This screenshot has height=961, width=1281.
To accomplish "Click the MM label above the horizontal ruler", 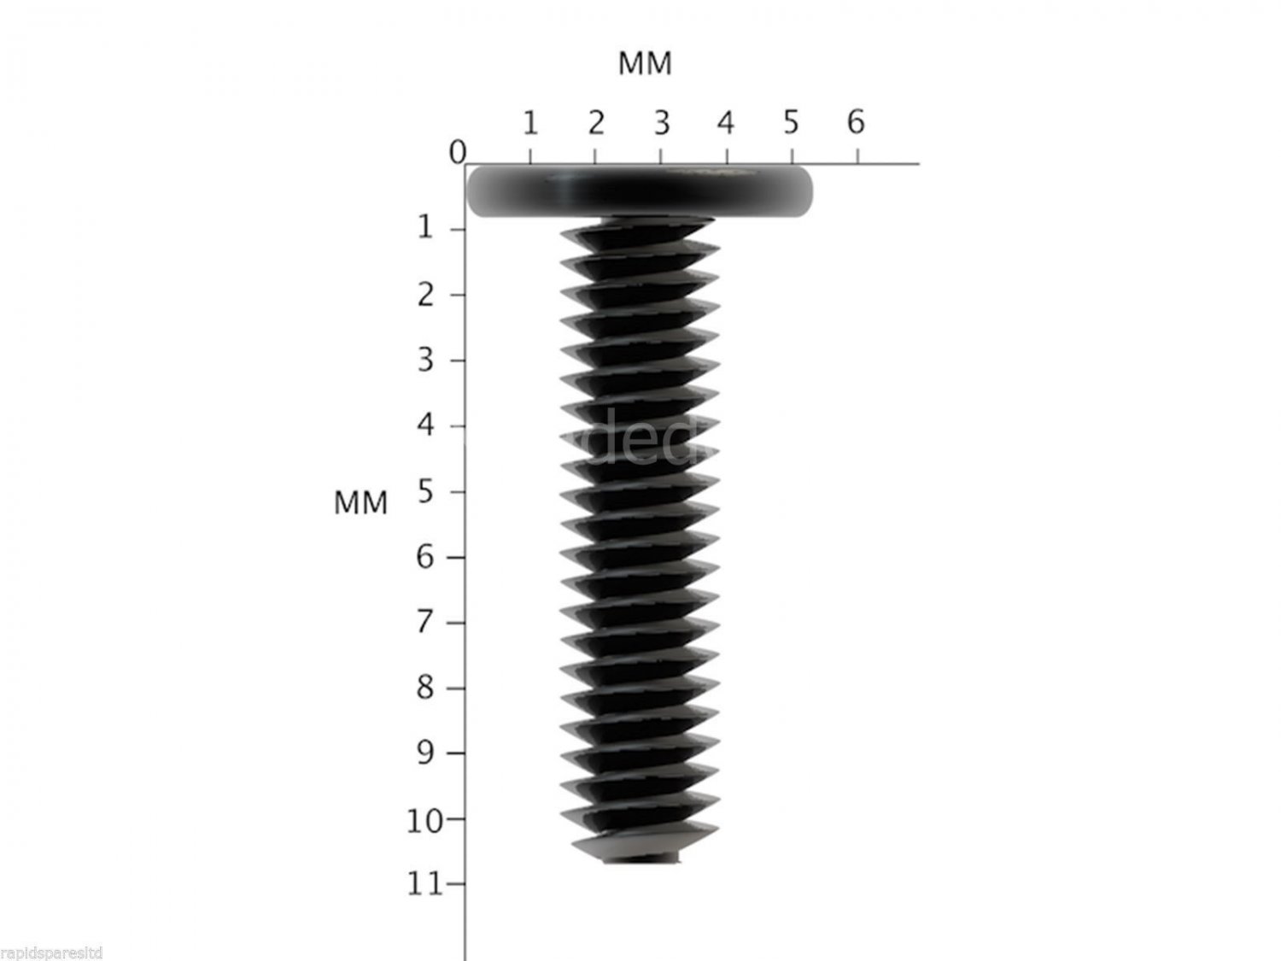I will point(645,63).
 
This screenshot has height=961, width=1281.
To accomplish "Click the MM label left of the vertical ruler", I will point(360,503).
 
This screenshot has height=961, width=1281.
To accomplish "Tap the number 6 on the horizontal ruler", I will point(856,122).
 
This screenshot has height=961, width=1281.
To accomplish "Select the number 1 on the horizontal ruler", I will point(529,123).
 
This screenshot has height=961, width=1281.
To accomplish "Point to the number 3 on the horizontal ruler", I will point(661,123).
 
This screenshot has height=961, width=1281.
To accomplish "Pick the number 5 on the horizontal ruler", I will point(791,123).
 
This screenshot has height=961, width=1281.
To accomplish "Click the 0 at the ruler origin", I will point(458,153).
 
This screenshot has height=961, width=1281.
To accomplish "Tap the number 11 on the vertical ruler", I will point(424,884).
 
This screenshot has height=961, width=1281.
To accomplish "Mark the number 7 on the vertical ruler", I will point(425,622).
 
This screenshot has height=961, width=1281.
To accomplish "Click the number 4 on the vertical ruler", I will point(425,425).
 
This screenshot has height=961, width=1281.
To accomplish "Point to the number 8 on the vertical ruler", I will point(425,688).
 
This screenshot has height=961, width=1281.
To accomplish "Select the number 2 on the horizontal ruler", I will point(595,123).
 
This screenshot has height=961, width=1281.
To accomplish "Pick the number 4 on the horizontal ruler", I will point(725,123).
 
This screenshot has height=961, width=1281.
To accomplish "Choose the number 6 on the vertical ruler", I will point(425,557).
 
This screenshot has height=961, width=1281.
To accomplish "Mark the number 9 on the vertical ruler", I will point(425,753).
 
